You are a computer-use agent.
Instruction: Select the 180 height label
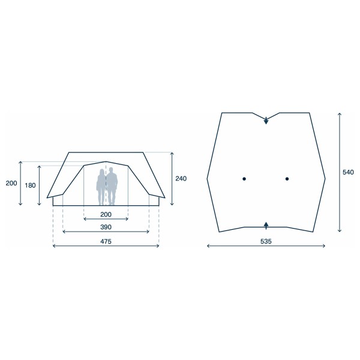[x=31, y=185]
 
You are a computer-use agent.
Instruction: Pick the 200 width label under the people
[x=106, y=214]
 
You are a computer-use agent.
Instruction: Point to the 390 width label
[x=106, y=228]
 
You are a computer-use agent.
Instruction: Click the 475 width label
[x=106, y=242]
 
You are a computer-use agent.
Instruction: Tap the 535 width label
[x=266, y=242]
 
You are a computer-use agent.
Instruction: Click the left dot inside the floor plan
[x=245, y=179]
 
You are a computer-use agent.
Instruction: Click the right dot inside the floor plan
[x=287, y=179]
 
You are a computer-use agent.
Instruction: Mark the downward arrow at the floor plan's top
[x=266, y=122]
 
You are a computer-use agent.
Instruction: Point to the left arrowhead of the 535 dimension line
[x=208, y=245]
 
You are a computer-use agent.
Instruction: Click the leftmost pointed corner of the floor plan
[x=207, y=178]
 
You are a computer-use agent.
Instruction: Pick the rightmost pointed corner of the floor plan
[x=325, y=178]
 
